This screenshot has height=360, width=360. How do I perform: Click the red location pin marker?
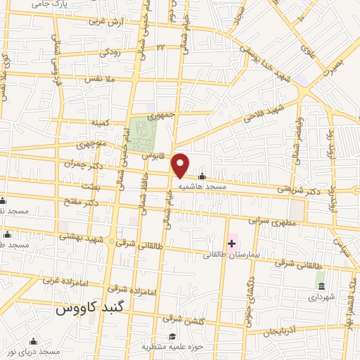tap(181, 165)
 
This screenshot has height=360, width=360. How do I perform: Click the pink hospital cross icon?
tap(231, 243)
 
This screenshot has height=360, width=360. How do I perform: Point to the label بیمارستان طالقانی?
tap(233, 254)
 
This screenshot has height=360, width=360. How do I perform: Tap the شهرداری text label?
tap(321, 298)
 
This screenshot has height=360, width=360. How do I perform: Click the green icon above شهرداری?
tap(321, 285)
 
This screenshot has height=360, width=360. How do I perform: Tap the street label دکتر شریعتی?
tap(293, 189)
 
